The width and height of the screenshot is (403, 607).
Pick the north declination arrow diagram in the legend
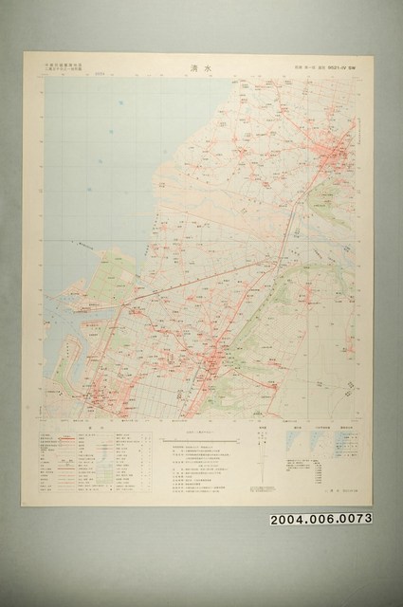click(264, 456)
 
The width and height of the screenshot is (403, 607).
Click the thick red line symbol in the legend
click(65, 439)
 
